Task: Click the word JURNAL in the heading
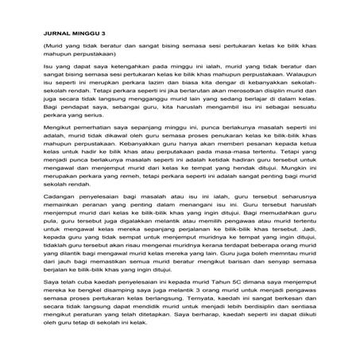[53, 34]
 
